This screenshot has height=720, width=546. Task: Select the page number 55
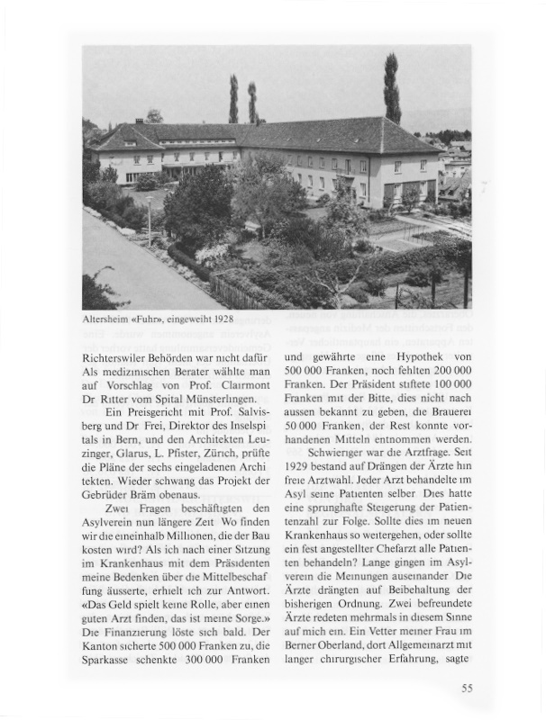pos(467,688)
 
